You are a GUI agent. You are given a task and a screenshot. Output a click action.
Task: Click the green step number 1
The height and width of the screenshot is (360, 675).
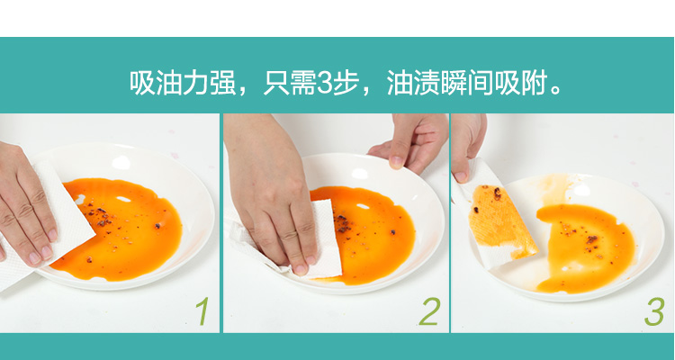pyautogui.click(x=202, y=310)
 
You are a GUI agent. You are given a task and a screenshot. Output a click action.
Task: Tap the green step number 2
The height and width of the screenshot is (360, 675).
pyautogui.click(x=429, y=310)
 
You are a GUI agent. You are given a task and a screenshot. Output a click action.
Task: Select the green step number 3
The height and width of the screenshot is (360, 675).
pyautogui.click(x=655, y=310)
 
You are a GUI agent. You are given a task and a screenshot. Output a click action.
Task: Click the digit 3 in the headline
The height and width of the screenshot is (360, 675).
pyautogui.click(x=324, y=83)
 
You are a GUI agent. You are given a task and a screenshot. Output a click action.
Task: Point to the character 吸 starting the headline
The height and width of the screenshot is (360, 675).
pyautogui.click(x=142, y=83)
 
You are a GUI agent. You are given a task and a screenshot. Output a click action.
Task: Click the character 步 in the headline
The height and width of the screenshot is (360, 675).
pyautogui.click(x=346, y=83)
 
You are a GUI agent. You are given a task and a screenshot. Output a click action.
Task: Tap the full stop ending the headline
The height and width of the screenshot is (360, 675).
pyautogui.click(x=556, y=90)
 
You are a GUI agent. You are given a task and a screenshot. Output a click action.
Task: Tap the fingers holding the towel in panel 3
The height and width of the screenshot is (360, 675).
pyautogui.click(x=467, y=144)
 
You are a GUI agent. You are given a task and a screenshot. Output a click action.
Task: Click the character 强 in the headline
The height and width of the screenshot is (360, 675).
pyautogui.click(x=223, y=83)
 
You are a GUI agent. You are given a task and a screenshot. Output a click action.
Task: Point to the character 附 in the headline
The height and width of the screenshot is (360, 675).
pyautogui.click(x=535, y=83)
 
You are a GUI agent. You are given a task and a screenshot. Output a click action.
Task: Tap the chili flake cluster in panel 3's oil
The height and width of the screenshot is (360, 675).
pyautogui.click(x=591, y=239)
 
